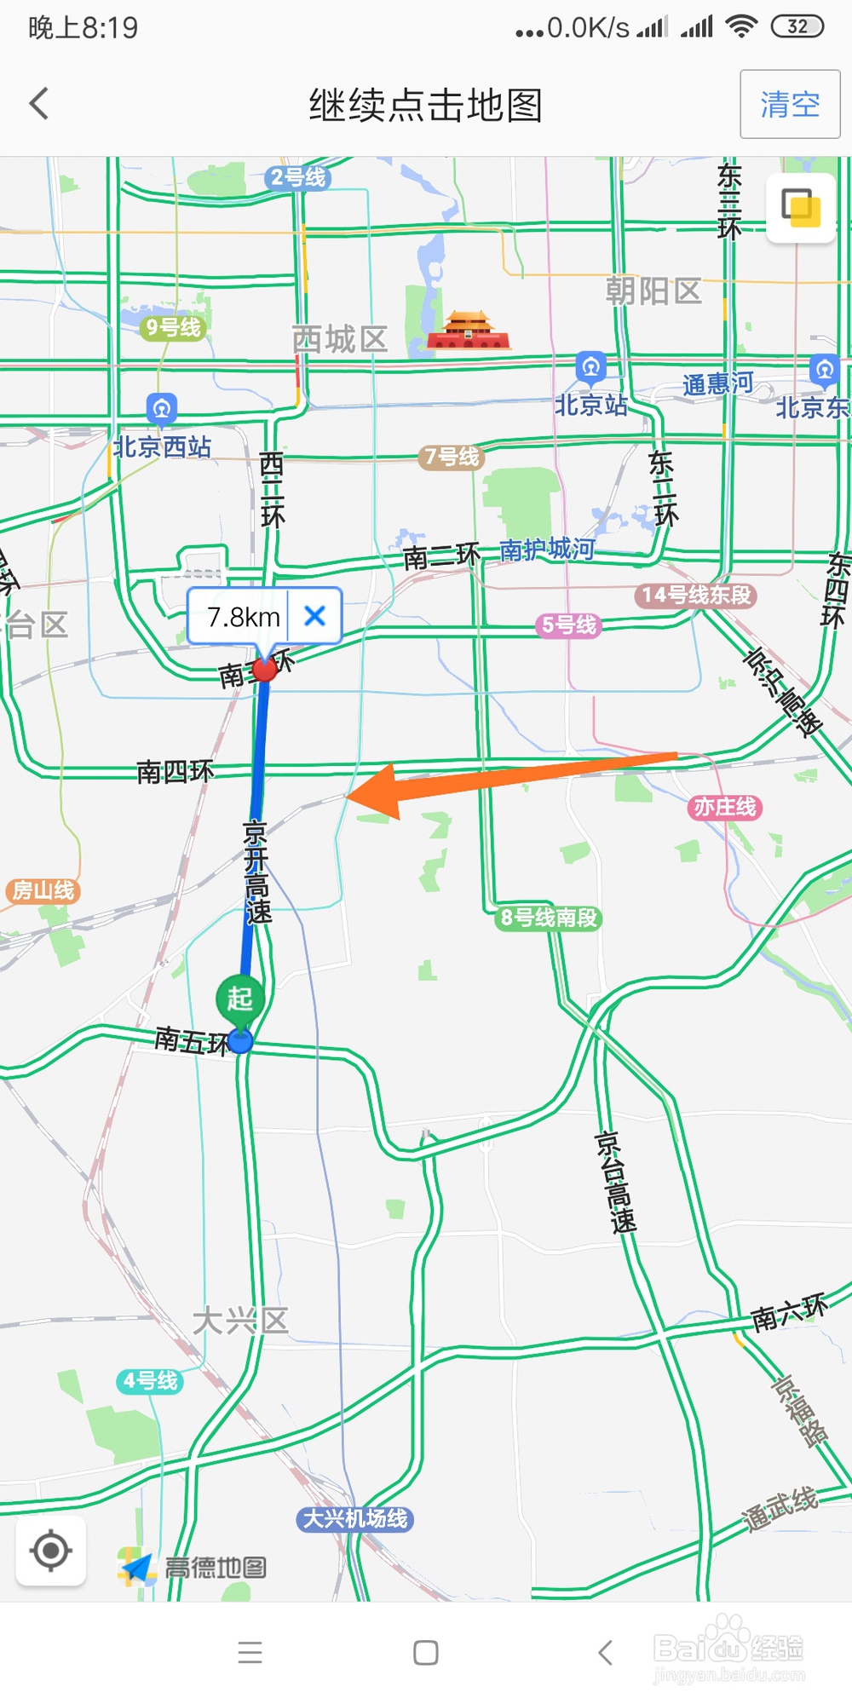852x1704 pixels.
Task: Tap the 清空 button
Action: click(x=790, y=105)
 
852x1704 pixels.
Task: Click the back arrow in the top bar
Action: click(x=39, y=104)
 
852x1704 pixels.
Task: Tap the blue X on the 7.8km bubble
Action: click(x=314, y=615)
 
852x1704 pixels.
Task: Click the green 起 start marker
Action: click(x=240, y=999)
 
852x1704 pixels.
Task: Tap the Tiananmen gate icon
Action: click(x=467, y=332)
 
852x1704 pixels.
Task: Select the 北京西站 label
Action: click(x=162, y=446)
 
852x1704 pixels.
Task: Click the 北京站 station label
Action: click(x=590, y=404)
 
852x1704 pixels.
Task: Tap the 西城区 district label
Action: click(x=339, y=339)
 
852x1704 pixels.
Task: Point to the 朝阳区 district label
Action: click(x=653, y=291)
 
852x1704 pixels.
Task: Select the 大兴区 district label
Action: click(x=240, y=1321)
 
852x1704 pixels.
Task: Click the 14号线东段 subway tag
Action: click(x=696, y=595)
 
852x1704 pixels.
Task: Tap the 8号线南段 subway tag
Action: click(x=549, y=918)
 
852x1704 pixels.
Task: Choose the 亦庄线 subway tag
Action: click(x=724, y=807)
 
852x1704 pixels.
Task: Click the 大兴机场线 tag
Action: click(x=355, y=1518)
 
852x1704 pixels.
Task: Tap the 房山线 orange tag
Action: click(x=43, y=891)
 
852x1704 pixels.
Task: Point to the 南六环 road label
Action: click(x=789, y=1313)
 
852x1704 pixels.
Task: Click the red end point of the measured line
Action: click(x=265, y=670)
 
